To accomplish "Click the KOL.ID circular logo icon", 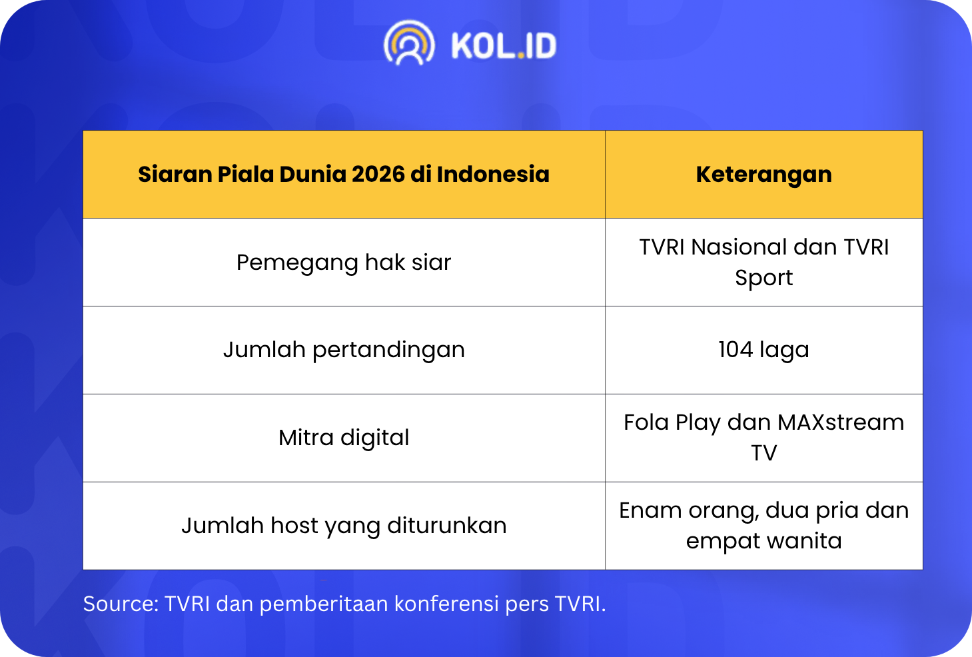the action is click(409, 43).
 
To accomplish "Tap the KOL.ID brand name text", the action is click(504, 45).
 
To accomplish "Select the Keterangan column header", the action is click(763, 175).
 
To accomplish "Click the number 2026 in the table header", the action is click(378, 175).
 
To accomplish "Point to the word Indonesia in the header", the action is click(493, 175).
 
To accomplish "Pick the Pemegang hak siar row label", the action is click(344, 263).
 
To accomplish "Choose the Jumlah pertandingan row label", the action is click(344, 350).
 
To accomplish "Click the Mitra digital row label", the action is click(344, 438).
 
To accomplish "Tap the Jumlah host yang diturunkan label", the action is click(344, 526).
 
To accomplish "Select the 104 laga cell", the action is click(763, 350).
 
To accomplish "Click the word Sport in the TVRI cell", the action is click(763, 278).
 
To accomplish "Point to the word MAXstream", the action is click(841, 422).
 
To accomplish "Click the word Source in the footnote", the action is click(121, 604).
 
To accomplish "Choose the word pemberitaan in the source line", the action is click(324, 604).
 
